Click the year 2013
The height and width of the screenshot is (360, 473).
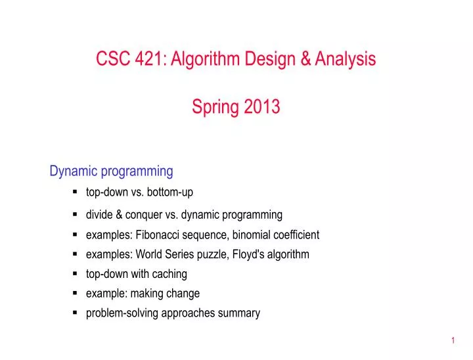(262, 106)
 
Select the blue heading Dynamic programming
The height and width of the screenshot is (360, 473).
(111, 171)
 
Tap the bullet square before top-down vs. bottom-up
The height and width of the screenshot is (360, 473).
(76, 192)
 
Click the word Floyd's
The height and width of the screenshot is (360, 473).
(250, 254)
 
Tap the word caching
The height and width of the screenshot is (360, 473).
(171, 274)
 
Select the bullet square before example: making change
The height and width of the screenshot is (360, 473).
(76, 294)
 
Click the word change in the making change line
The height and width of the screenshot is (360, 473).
(183, 294)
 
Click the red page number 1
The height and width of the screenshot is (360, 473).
(453, 340)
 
